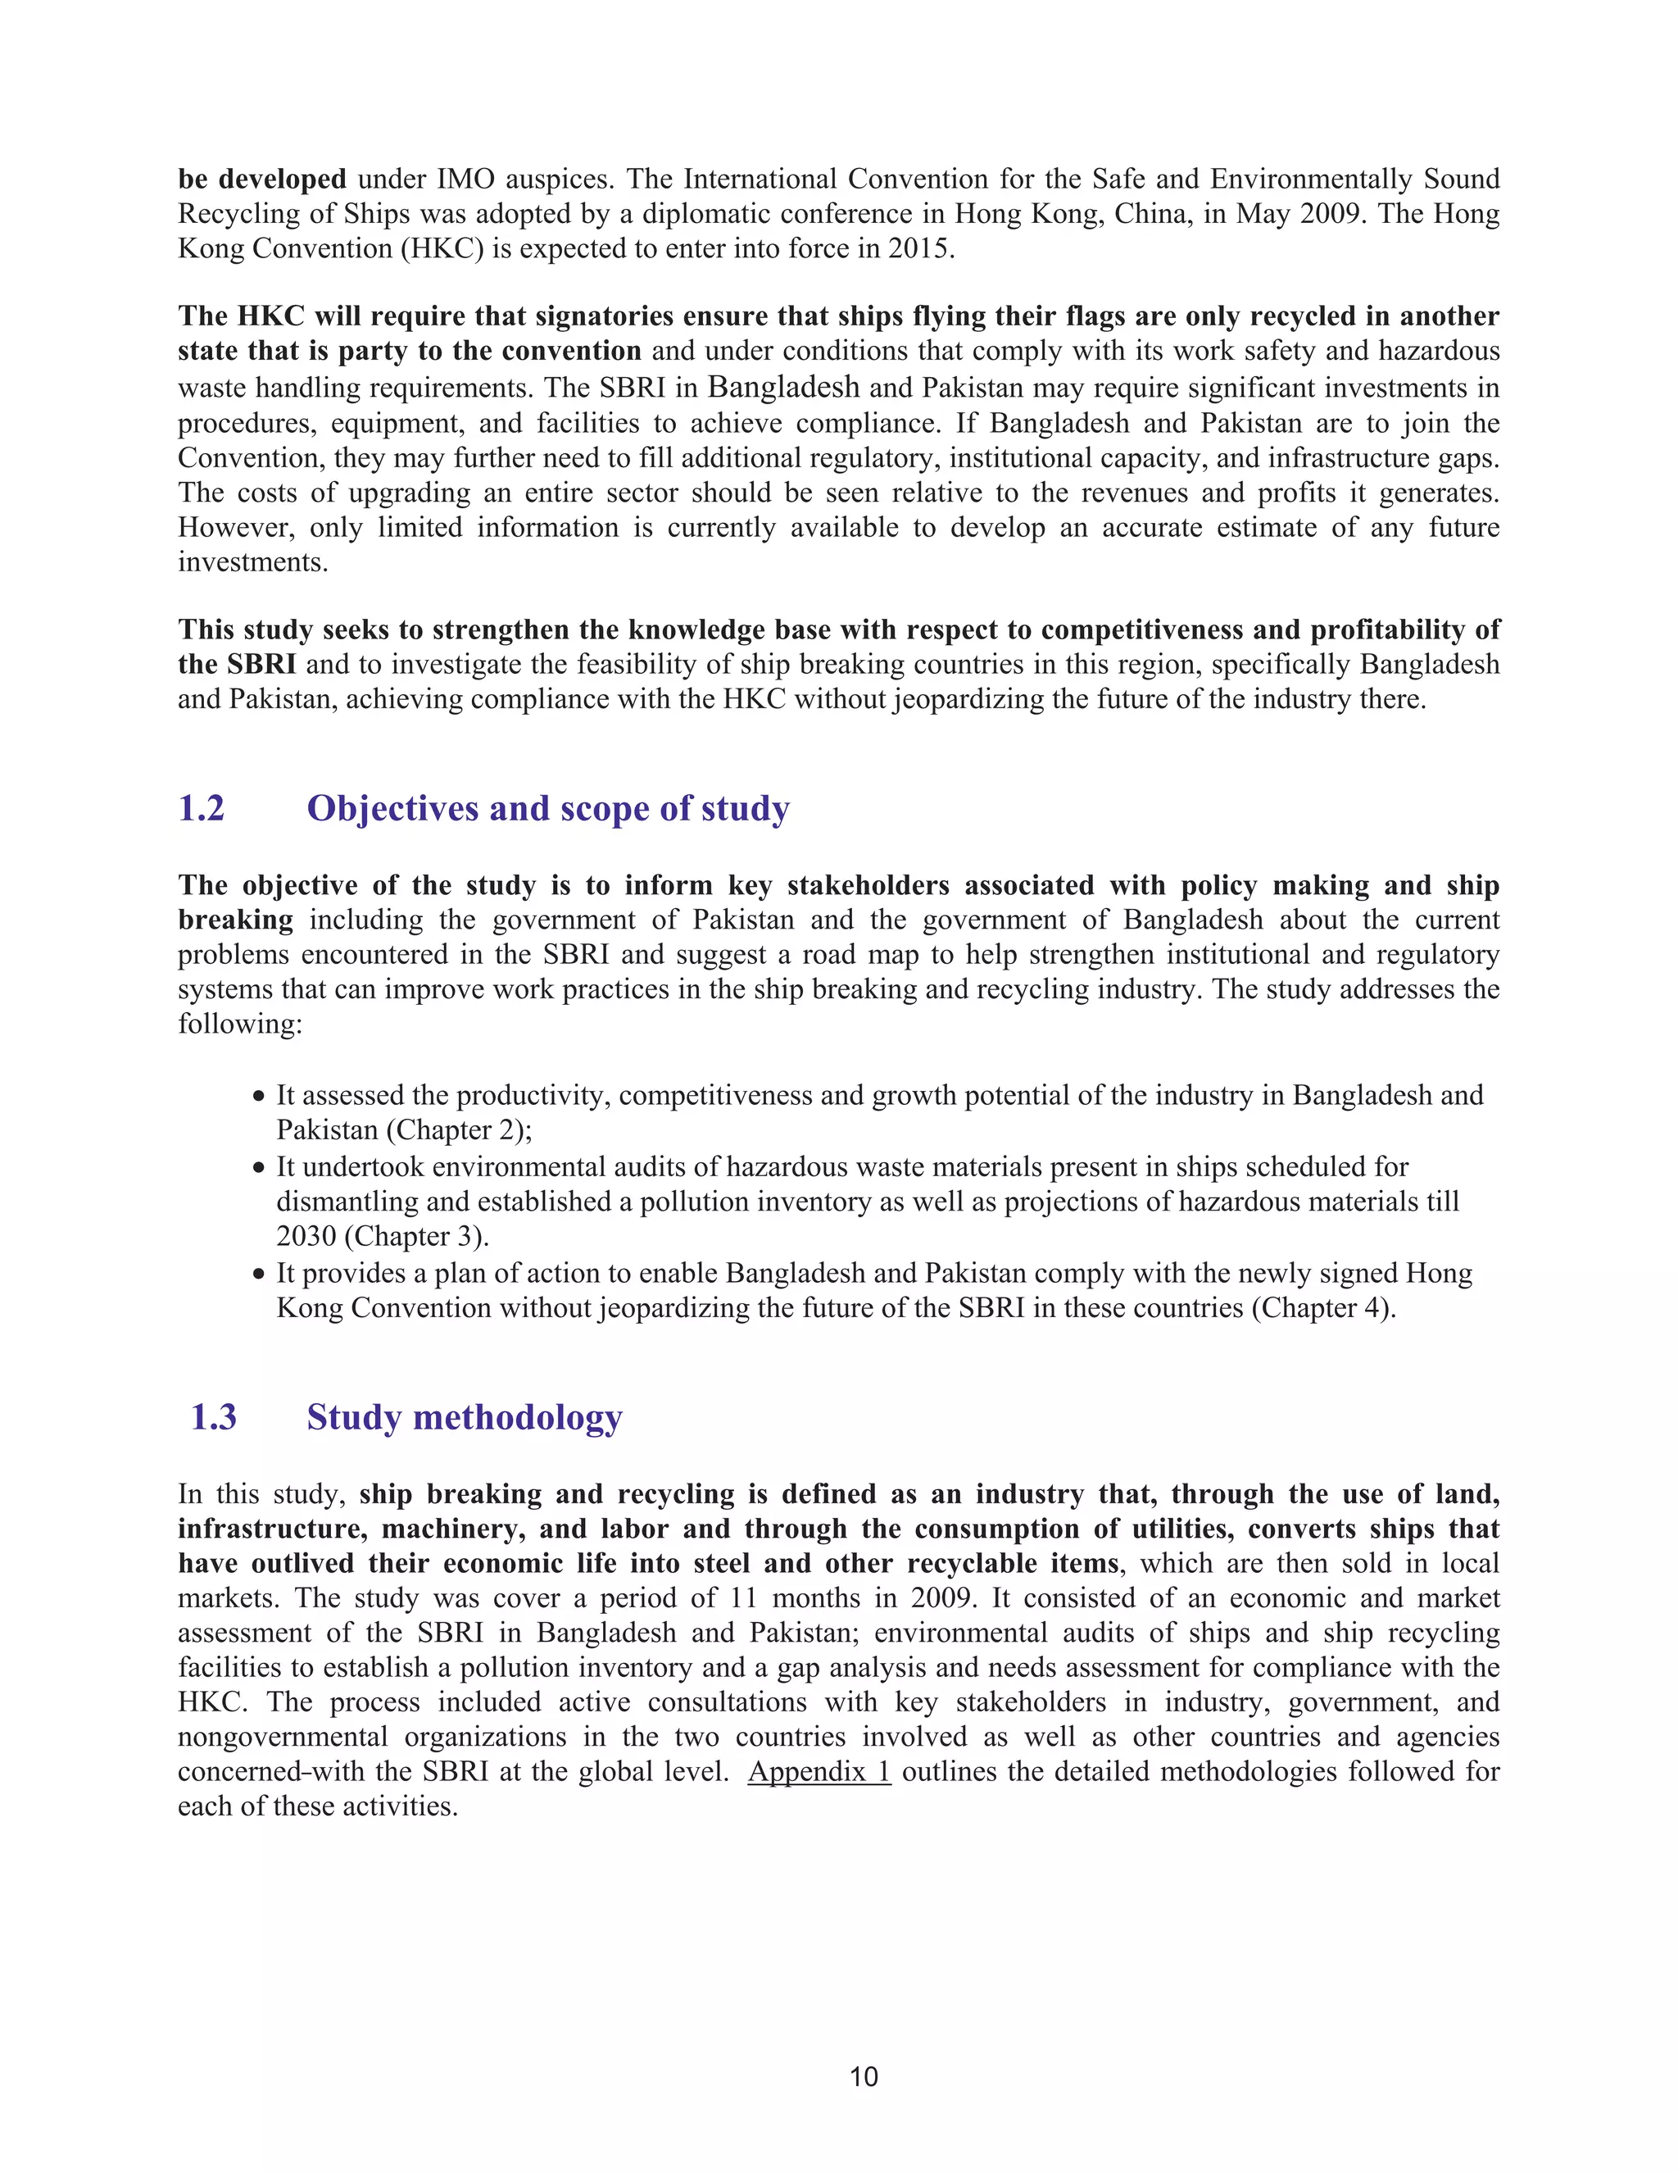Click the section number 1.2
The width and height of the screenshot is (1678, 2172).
click(201, 808)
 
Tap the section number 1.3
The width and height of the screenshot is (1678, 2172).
click(213, 1417)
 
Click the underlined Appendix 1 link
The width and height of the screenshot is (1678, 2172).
click(819, 1771)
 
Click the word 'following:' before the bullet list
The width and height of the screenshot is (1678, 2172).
click(239, 1025)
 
